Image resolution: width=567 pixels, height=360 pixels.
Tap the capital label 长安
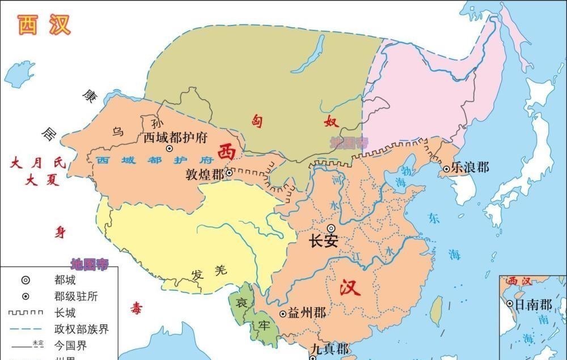pyautogui.click(x=324, y=241)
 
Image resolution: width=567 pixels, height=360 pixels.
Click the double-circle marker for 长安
pyautogui.click(x=331, y=228)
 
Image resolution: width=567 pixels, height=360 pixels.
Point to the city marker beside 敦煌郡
pyautogui.click(x=229, y=173)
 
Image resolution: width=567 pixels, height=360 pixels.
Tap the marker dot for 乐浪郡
pyautogui.click(x=447, y=168)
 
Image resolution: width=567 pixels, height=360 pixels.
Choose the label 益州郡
pyautogui.click(x=307, y=312)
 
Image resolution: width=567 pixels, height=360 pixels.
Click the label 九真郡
pyautogui.click(x=330, y=349)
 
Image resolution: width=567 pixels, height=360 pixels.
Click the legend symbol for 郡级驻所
pyautogui.click(x=26, y=297)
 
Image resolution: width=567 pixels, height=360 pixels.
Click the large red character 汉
pyautogui.click(x=350, y=289)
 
